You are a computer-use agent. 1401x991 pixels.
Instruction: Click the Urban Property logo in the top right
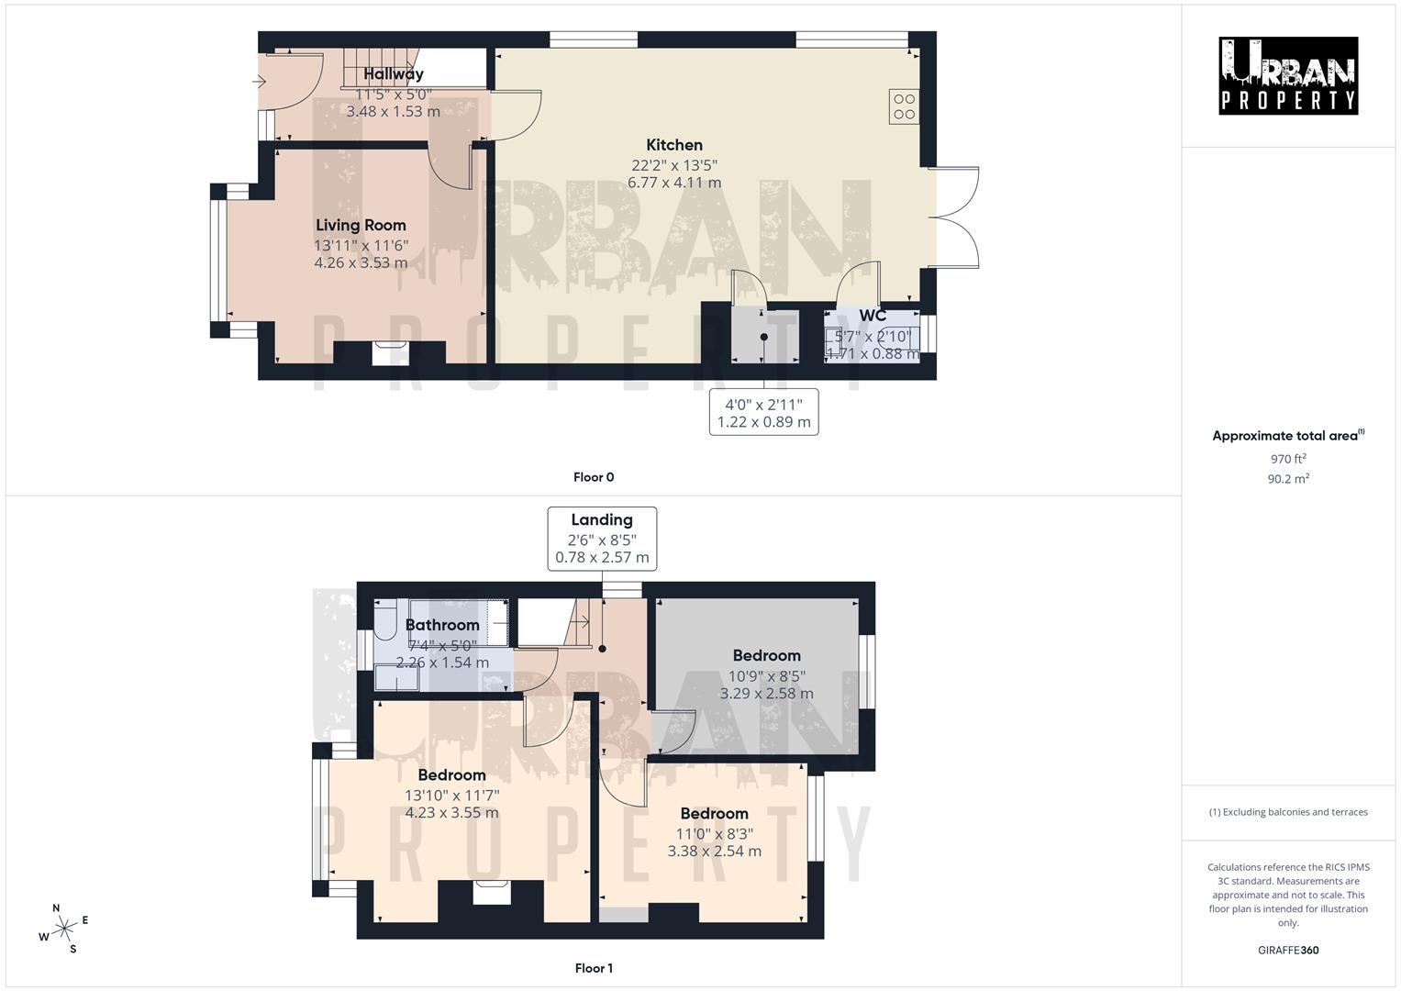(x=1287, y=76)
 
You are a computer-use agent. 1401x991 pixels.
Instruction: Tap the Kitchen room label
(x=674, y=145)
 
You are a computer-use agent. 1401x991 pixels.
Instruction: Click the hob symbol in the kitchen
(x=904, y=106)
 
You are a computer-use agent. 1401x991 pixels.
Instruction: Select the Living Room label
(x=361, y=226)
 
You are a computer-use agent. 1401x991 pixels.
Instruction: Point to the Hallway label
(x=394, y=74)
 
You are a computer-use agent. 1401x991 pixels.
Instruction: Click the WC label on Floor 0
(x=873, y=317)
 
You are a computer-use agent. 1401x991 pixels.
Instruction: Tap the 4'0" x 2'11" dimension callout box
(x=763, y=413)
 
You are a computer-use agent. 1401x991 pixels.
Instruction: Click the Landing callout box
(x=602, y=538)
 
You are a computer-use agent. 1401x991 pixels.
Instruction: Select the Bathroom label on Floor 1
(x=442, y=626)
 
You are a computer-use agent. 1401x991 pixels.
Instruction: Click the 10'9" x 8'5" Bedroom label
(x=766, y=656)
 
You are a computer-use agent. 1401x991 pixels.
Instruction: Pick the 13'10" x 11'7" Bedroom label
(x=451, y=775)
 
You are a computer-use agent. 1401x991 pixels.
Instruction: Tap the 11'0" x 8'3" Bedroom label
(x=714, y=814)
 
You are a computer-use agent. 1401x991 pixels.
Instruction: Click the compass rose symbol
(x=63, y=929)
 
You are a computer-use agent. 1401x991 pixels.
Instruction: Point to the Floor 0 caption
(x=594, y=477)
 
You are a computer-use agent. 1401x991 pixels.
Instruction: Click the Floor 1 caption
(x=594, y=968)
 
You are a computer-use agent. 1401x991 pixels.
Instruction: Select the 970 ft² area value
(x=1288, y=459)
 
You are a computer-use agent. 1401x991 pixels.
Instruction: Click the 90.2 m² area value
(x=1288, y=478)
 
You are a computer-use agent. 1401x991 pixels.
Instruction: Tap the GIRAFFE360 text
(x=1288, y=950)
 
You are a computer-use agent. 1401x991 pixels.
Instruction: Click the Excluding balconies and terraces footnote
(x=1288, y=812)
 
